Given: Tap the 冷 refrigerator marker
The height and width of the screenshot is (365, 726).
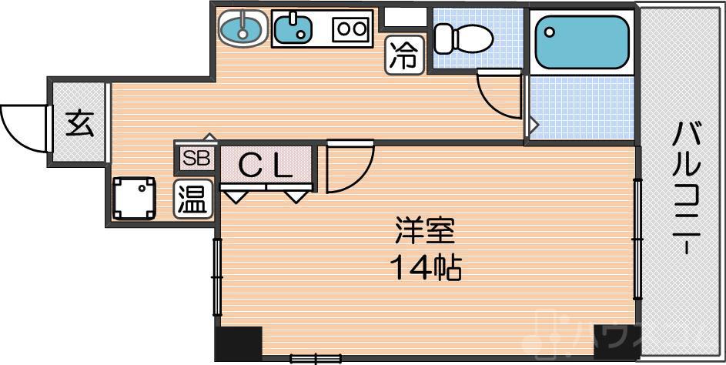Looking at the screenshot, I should [x=404, y=55].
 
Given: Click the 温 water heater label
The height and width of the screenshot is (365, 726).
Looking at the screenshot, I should [x=192, y=199].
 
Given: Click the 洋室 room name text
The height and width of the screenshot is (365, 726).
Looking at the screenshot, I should [x=425, y=230].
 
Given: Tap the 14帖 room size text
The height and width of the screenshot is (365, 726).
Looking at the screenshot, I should [x=425, y=268].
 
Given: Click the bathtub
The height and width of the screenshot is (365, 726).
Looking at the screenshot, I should [x=582, y=41].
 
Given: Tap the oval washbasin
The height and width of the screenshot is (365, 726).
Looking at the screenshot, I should [x=241, y=29].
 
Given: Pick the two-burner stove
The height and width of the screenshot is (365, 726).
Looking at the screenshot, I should [x=351, y=29].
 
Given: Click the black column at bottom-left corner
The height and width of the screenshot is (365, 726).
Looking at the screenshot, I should [x=238, y=343].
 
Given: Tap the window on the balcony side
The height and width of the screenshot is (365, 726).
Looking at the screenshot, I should [x=637, y=239].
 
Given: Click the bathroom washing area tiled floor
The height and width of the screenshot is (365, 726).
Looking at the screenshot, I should [x=581, y=107].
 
